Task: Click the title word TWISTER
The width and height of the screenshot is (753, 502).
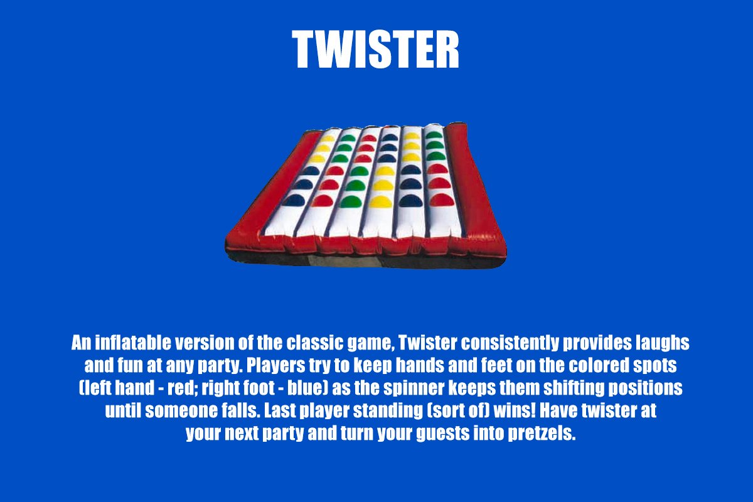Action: coord(375,50)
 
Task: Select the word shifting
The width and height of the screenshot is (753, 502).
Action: coord(574,388)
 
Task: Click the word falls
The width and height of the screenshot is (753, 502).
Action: coord(241,410)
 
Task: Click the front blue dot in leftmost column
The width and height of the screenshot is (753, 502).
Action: coord(294,200)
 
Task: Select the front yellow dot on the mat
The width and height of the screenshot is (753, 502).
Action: coord(380,201)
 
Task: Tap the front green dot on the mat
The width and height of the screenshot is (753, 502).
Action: coord(351,201)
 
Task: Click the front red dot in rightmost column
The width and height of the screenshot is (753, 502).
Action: coord(442,200)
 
